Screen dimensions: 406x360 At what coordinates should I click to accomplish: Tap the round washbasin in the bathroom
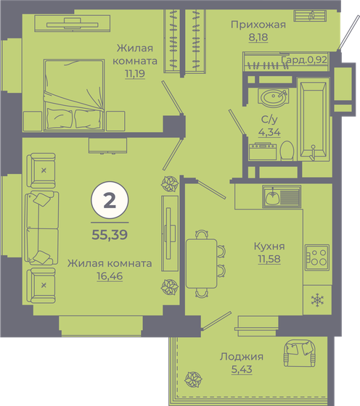coord(273,99)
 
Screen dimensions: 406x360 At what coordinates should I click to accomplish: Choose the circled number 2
coord(110,202)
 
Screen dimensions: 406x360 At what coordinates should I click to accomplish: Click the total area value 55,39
coord(110,234)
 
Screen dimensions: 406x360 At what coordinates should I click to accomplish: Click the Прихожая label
coord(258,24)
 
